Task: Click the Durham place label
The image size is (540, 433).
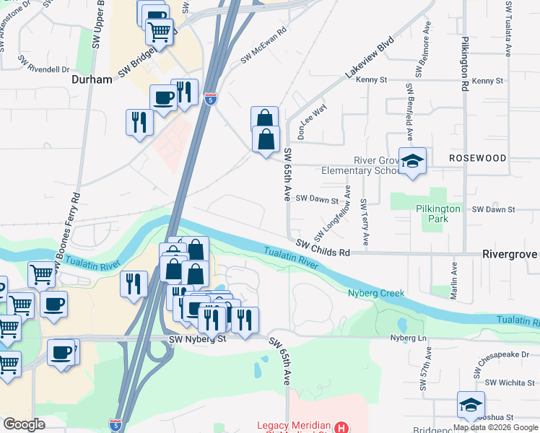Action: tap(92, 79)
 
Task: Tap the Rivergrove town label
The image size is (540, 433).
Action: tap(510, 255)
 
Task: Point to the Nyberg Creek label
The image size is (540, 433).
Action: tap(375, 294)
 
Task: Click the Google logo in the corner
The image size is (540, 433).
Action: tap(24, 424)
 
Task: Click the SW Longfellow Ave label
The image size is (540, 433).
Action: tap(332, 214)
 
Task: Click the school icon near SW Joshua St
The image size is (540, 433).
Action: tap(471, 404)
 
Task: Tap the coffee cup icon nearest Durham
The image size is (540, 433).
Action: tap(163, 98)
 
